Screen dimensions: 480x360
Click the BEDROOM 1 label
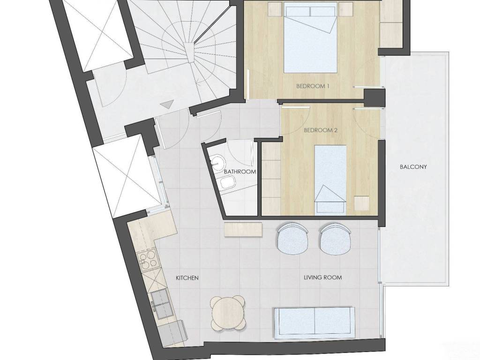click(x=313, y=86)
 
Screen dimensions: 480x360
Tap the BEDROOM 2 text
click(x=321, y=130)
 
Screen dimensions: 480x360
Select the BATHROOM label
click(x=240, y=172)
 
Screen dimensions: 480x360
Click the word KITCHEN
click(x=187, y=278)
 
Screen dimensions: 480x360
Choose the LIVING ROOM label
click(x=322, y=277)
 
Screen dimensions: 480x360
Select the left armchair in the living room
click(x=292, y=239)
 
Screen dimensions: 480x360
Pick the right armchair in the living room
click(x=336, y=239)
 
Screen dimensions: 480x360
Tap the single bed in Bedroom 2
click(x=330, y=179)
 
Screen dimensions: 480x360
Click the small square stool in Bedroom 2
click(x=362, y=203)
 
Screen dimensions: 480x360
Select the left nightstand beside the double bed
click(x=275, y=9)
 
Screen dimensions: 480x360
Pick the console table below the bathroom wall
click(x=243, y=230)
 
